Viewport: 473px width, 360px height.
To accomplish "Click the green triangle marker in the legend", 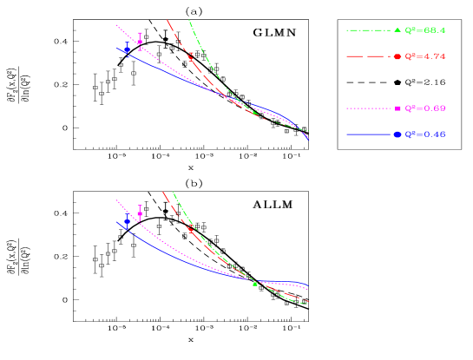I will (397, 30).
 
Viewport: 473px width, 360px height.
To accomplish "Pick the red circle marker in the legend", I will (397, 56).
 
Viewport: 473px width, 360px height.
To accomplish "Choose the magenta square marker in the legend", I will (397, 108).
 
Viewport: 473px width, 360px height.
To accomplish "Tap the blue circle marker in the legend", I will (397, 134).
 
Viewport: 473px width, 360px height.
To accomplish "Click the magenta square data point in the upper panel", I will (140, 41).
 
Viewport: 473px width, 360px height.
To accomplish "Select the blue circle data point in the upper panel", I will (127, 49).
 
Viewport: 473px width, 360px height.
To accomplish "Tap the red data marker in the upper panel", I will (192, 56).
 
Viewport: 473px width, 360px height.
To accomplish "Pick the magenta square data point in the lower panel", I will (140, 213).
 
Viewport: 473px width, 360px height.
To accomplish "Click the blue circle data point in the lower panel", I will (127, 221).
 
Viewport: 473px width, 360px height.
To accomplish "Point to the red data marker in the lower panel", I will (191, 230).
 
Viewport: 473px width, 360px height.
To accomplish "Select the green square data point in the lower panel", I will (254, 284).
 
